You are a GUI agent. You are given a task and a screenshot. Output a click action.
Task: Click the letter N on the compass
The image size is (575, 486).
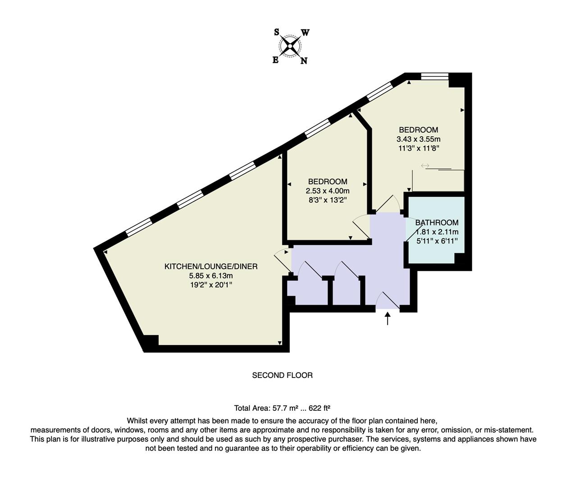pos(304,61)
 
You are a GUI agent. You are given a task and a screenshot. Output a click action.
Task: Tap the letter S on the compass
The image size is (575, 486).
pos(277,32)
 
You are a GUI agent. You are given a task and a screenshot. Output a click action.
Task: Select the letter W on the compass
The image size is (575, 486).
pos(305,32)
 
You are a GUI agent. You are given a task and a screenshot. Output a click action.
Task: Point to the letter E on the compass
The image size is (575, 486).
pos(275,60)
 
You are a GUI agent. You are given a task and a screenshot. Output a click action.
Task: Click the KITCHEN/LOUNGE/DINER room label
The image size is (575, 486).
pos(211,266)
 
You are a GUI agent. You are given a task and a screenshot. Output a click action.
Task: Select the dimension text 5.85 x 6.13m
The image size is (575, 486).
pos(211,276)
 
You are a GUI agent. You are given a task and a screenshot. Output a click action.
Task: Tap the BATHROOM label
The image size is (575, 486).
pos(437,222)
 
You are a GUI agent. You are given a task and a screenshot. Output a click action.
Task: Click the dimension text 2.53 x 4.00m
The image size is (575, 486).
pos(328,191)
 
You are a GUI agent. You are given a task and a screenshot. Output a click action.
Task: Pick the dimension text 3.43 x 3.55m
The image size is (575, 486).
pos(418,139)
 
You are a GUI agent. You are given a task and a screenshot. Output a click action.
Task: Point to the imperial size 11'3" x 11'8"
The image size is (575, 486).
pos(418,148)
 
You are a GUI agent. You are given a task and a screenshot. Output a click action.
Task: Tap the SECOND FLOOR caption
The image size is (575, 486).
pos(282,375)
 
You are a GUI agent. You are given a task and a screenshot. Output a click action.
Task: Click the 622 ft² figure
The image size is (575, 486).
pos(322,408)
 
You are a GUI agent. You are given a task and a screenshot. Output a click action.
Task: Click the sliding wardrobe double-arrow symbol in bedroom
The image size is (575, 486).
pos(425,166)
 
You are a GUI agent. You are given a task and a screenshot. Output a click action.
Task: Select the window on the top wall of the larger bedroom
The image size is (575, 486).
pos(434,76)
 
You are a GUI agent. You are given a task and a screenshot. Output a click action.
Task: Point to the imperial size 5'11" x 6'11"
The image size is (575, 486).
pos(437,241)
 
